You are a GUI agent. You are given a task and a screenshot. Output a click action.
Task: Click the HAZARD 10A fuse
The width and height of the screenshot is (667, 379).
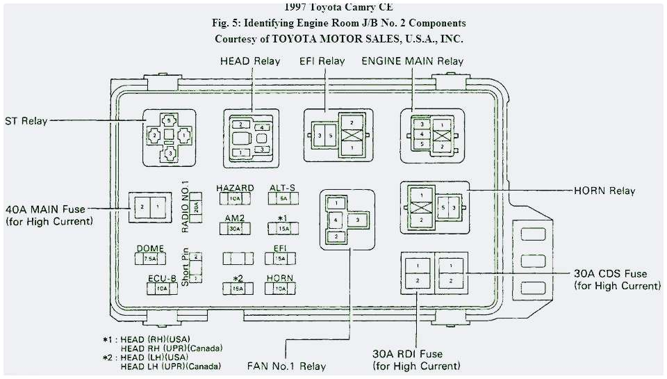[x=235, y=198]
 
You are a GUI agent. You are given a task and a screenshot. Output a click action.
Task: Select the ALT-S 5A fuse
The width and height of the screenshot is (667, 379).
[x=283, y=198]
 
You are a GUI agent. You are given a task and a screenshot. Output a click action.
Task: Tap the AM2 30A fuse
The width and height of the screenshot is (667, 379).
[x=235, y=228]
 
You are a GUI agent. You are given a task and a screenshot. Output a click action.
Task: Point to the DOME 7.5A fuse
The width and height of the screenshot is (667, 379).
[x=150, y=259]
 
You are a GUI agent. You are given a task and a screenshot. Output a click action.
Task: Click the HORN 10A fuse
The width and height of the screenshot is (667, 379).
[x=280, y=289]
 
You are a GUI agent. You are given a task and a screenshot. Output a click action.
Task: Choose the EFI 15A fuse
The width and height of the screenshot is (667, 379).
[x=280, y=259]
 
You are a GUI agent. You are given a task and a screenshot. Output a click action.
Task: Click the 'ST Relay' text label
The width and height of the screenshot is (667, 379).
[x=25, y=121]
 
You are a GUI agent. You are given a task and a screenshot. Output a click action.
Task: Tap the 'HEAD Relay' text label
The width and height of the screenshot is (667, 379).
[x=250, y=61]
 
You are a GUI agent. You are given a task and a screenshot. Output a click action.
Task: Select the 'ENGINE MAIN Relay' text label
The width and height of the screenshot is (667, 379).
[x=413, y=61]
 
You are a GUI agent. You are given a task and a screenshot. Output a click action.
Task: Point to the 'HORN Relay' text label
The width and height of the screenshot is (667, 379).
[x=604, y=191]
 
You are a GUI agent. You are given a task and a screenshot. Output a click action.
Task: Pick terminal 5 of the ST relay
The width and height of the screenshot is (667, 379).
[x=170, y=120]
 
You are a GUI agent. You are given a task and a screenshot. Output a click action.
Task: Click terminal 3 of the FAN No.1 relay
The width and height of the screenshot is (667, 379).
[x=357, y=220]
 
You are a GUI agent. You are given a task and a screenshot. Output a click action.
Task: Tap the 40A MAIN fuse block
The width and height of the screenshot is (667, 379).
[x=151, y=207]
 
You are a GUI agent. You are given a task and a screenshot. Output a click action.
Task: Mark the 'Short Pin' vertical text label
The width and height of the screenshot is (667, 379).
[x=185, y=267]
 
